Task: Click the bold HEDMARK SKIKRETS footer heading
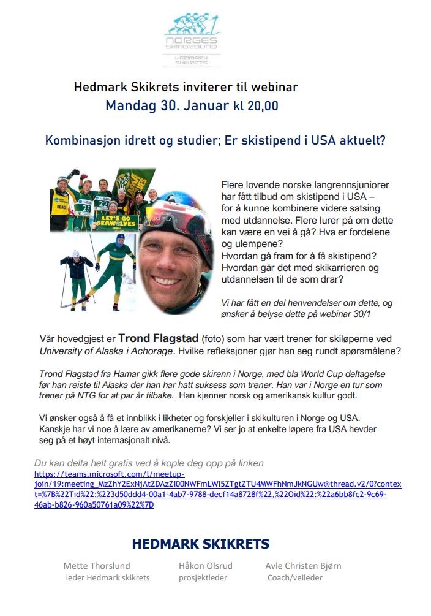tap(200, 544)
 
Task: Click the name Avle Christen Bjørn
tap(303, 566)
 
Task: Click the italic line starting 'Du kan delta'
tap(149, 463)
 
